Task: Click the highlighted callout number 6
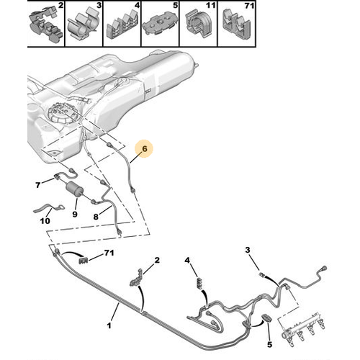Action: point(145,149)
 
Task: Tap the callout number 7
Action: point(38,185)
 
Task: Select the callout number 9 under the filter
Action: point(75,214)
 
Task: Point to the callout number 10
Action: point(45,220)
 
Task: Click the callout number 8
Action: point(96,217)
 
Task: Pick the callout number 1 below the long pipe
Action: point(109,325)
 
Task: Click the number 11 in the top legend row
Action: point(210,5)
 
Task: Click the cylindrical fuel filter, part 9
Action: point(74,189)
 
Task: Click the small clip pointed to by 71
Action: point(84,260)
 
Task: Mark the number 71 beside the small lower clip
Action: point(109,253)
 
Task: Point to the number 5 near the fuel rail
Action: point(269,345)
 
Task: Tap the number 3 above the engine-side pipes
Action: point(248,250)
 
